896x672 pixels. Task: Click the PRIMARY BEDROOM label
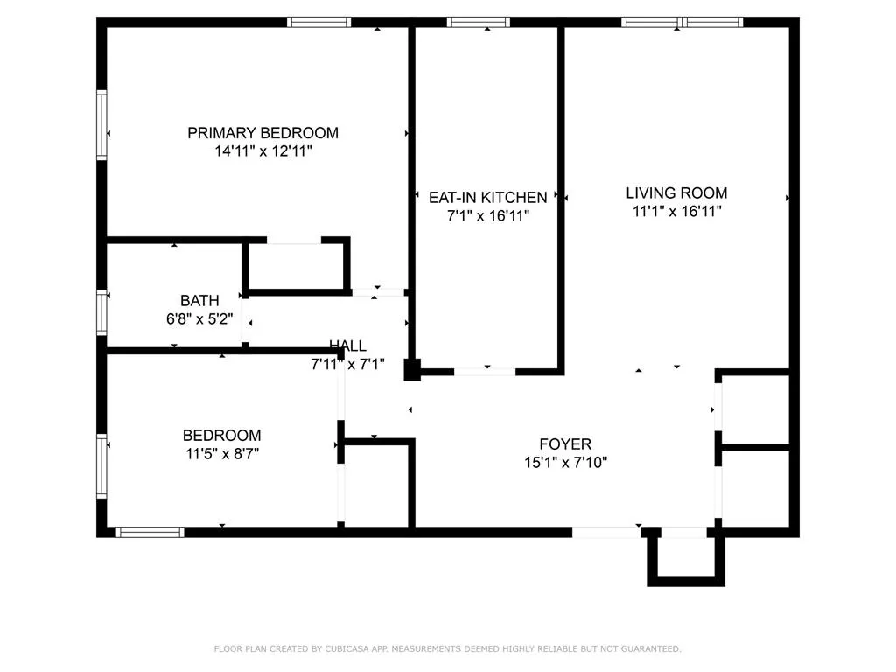pyautogui.click(x=262, y=133)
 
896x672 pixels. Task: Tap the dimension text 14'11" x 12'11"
pyautogui.click(x=262, y=151)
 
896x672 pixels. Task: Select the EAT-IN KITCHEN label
pyautogui.click(x=487, y=198)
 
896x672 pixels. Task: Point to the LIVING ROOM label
pyautogui.click(x=676, y=192)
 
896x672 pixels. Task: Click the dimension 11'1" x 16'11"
pyautogui.click(x=676, y=211)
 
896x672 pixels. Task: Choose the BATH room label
pyautogui.click(x=199, y=301)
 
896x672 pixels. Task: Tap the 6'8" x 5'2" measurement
pyautogui.click(x=199, y=319)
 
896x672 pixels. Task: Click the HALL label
pyautogui.click(x=347, y=346)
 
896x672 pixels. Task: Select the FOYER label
pyautogui.click(x=564, y=444)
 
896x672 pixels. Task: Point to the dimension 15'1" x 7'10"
pyautogui.click(x=564, y=463)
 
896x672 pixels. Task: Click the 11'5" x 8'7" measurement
pyautogui.click(x=221, y=454)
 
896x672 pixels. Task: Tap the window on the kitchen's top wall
pyautogui.click(x=479, y=22)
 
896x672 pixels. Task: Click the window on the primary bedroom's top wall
pyautogui.click(x=319, y=22)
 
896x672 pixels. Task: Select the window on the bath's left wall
pyautogui.click(x=101, y=312)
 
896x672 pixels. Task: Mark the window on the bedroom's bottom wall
pyautogui.click(x=150, y=531)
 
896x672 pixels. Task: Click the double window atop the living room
pyautogui.click(x=682, y=22)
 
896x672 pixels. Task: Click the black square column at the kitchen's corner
pyautogui.click(x=411, y=369)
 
